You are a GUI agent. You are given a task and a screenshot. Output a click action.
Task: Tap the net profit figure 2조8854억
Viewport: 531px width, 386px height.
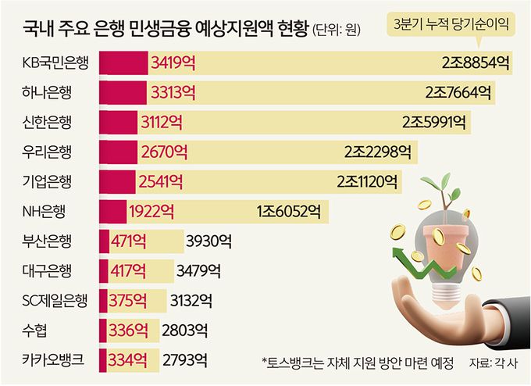[x=476, y=63]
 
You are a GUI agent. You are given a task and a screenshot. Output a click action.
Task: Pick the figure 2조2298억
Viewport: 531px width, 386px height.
[x=381, y=152]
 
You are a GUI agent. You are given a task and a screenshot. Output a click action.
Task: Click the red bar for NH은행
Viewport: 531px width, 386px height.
[x=113, y=211]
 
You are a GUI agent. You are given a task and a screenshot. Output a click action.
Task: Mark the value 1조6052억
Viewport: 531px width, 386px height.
[x=288, y=211]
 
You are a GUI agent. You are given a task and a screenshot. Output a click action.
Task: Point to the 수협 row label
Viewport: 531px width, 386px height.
[x=36, y=331]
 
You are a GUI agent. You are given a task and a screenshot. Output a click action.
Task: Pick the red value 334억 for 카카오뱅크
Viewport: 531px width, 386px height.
[x=128, y=360]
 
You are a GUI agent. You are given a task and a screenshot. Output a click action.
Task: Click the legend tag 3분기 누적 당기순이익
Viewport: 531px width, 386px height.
[x=450, y=25]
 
